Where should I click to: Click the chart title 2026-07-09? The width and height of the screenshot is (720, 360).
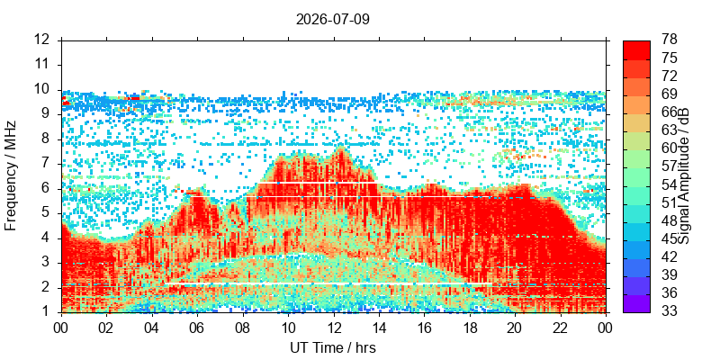coord(332,20)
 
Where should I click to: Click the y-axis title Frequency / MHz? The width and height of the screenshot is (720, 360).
coord(10,175)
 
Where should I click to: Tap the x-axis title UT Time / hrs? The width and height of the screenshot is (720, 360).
coord(333,348)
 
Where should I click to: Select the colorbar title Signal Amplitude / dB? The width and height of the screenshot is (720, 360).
coord(685,176)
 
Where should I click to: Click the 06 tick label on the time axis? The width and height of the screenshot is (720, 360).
coord(197,327)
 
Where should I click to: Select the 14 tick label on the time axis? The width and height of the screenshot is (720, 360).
coord(379,327)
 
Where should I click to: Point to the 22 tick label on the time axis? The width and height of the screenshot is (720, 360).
coord(560,327)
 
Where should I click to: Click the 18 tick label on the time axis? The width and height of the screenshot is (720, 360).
coord(469,327)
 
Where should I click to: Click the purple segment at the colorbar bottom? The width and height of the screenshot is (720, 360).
coord(636,303)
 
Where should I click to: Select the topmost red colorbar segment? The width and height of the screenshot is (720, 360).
coord(636,50)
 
